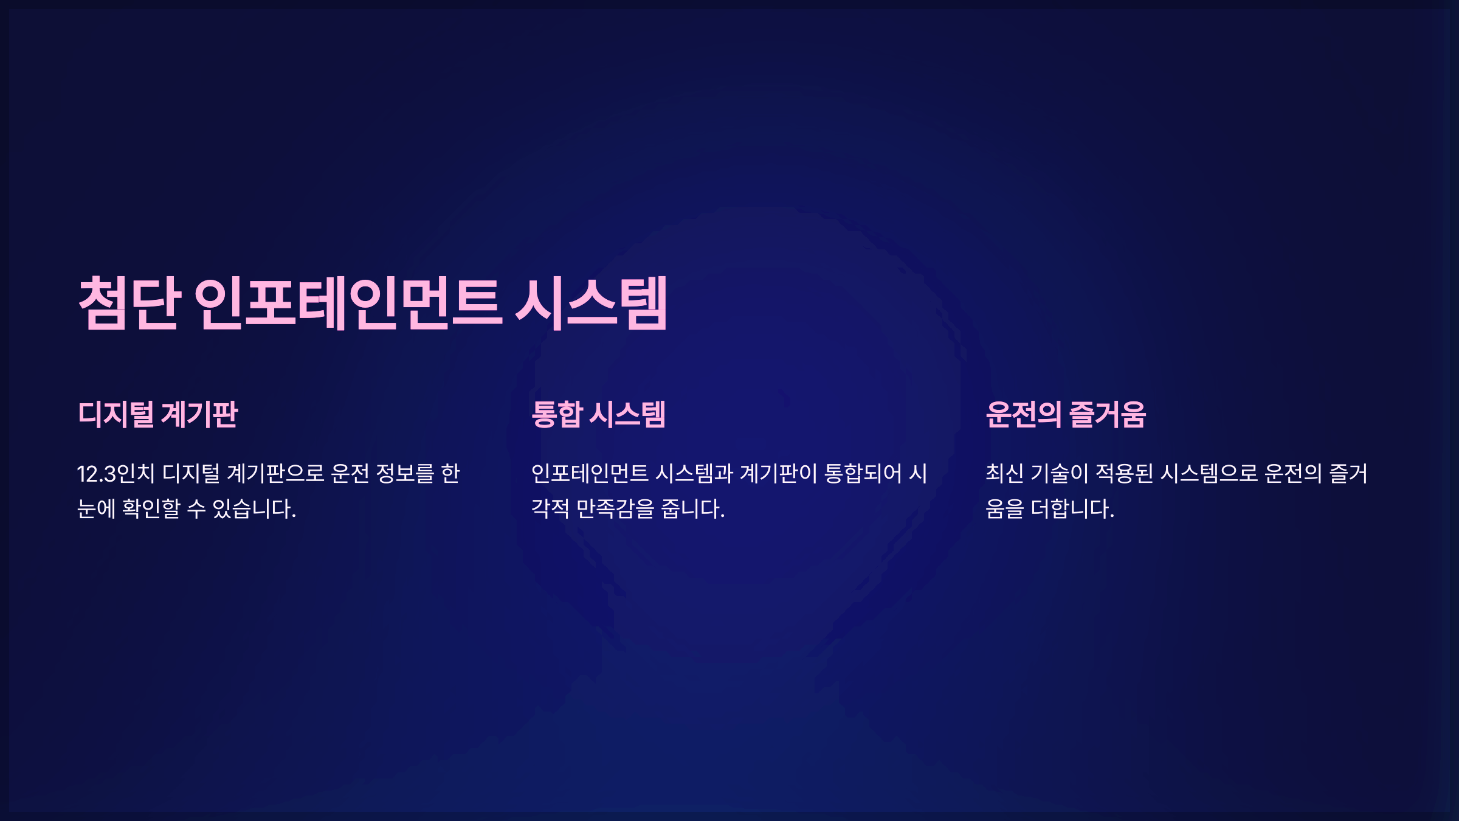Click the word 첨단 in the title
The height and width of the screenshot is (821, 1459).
click(x=129, y=303)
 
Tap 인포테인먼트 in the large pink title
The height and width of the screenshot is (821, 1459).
click(x=348, y=303)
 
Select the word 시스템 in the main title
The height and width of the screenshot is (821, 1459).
click(x=592, y=303)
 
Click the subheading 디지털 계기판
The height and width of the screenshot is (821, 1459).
click(x=158, y=415)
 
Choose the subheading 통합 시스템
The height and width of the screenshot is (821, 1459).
click(x=598, y=415)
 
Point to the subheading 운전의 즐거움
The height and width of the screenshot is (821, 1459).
click(x=1066, y=415)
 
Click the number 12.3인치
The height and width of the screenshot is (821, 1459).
click(x=116, y=474)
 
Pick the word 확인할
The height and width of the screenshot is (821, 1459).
click(x=151, y=508)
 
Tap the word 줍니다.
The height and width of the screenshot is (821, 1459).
click(x=693, y=508)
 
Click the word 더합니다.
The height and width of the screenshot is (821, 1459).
click(x=1072, y=508)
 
